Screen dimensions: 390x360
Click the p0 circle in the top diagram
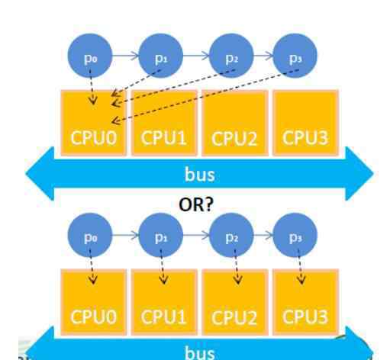[x=90, y=56]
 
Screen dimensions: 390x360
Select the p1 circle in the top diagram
[x=161, y=56]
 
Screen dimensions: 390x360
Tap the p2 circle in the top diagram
[x=231, y=56]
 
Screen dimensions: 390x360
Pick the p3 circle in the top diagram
[x=295, y=56]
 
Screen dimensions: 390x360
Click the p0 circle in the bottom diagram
[x=90, y=235]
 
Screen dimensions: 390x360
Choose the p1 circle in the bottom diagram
[x=161, y=235]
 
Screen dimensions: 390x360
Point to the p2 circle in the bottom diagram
[x=231, y=235]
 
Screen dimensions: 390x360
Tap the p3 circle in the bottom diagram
[x=295, y=235]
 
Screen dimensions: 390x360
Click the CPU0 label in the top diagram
[x=94, y=138]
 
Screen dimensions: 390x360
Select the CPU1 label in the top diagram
[x=163, y=138]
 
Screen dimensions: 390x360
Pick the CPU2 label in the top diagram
[x=234, y=139]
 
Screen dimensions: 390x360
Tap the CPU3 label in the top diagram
[x=305, y=138]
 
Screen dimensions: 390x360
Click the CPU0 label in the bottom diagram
[x=94, y=317]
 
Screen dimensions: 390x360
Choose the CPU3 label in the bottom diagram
[x=305, y=317]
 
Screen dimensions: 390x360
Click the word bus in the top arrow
[x=200, y=175]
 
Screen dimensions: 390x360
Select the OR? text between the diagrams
[x=196, y=204]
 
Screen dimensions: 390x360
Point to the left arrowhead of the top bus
[x=40, y=174]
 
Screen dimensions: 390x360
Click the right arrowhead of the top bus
[x=359, y=174]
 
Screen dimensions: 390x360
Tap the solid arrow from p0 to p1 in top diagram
[x=125, y=56]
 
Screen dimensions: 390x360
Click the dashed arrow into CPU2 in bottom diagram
[x=237, y=267]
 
